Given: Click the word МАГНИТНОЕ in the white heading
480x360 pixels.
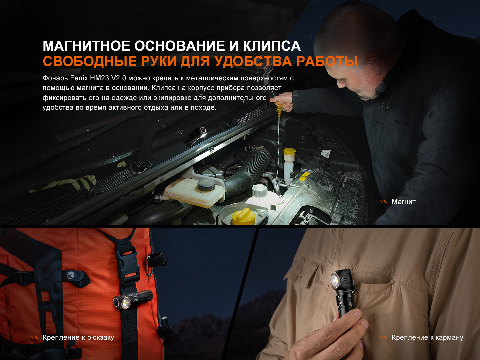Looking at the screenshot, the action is (x=86, y=46).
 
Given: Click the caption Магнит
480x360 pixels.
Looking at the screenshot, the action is (x=403, y=202).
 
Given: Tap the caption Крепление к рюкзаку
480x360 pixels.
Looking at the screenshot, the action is (x=78, y=337).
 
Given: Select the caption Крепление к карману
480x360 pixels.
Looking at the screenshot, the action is (x=427, y=337).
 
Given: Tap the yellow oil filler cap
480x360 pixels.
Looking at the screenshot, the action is (x=244, y=216).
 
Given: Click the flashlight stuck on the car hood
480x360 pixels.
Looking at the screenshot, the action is (x=196, y=136).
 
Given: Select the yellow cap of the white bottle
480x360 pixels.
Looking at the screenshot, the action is (x=290, y=152).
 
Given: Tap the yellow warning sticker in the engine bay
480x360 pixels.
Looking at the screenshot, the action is (x=304, y=176).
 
